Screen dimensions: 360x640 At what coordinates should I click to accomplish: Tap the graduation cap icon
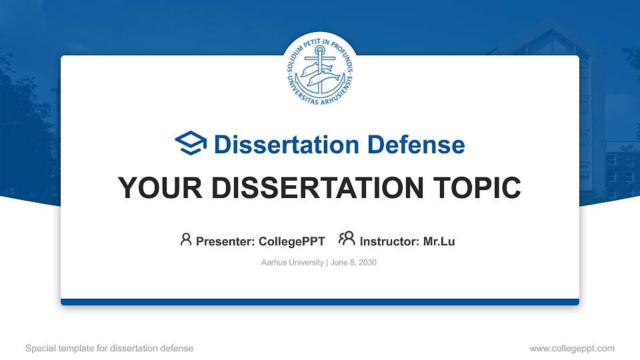[191, 144]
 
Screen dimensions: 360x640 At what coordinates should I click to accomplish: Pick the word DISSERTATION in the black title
[309, 188]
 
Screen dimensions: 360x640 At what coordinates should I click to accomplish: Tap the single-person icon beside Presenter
[186, 239]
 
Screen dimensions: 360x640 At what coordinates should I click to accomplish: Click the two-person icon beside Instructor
[347, 239]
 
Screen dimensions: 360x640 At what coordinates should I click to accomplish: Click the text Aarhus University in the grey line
[293, 263]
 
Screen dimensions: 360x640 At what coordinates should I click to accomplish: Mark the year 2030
[367, 263]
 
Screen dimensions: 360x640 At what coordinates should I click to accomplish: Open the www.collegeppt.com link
[572, 348]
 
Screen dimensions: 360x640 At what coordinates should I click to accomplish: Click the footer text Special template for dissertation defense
[109, 348]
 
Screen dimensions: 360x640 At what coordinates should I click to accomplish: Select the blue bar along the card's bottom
[319, 302]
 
